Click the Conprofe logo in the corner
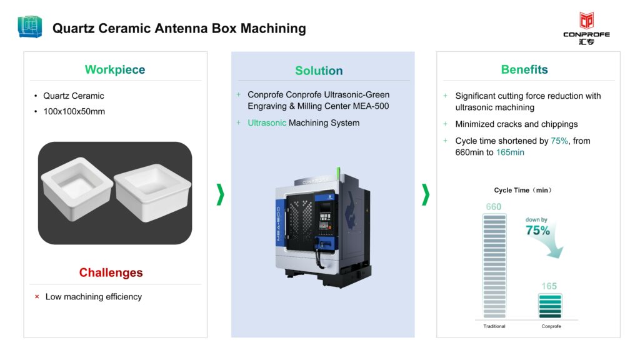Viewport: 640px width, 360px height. [x=586, y=28]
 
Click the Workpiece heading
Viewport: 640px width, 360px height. [x=115, y=69]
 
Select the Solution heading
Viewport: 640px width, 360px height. [x=319, y=71]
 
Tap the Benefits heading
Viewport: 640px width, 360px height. [x=524, y=69]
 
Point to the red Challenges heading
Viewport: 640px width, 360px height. [x=111, y=272]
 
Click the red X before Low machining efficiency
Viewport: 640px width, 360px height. [x=37, y=297]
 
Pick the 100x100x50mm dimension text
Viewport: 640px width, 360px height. [x=74, y=111]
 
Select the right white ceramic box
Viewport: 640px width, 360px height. [x=153, y=192]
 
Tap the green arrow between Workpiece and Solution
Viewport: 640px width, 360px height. [x=221, y=194]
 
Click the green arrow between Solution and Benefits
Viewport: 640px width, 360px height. [x=426, y=194]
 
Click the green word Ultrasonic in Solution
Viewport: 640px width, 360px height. [x=267, y=123]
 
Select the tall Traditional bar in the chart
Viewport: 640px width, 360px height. [x=494, y=266]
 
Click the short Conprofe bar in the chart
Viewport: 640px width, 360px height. [x=550, y=306]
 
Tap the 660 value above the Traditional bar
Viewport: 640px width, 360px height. [x=494, y=207]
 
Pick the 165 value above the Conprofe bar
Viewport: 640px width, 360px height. [x=549, y=286]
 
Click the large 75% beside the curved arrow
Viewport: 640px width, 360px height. [x=537, y=231]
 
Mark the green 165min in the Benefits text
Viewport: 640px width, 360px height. [x=510, y=152]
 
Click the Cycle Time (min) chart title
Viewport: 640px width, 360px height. [x=523, y=190]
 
